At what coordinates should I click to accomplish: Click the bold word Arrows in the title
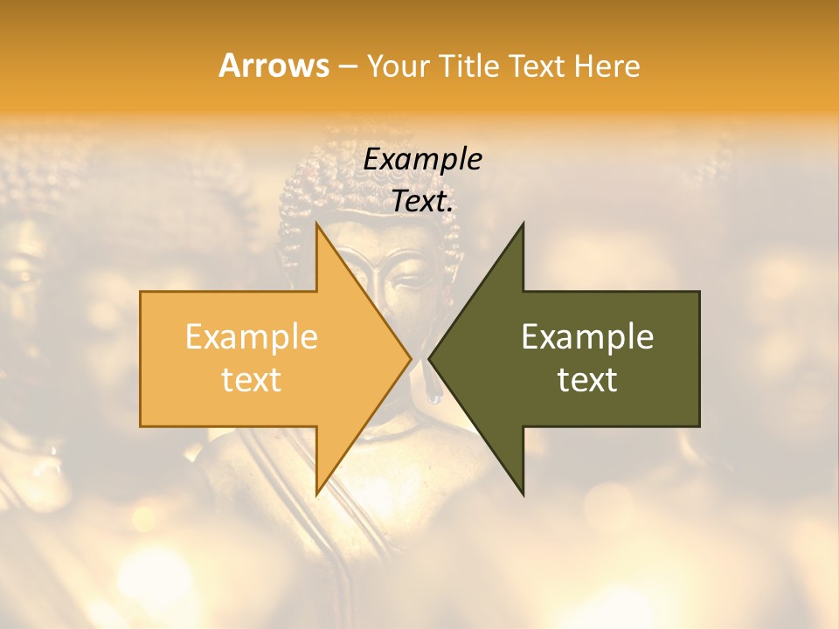click(x=274, y=66)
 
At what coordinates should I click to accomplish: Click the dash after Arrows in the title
click(x=347, y=66)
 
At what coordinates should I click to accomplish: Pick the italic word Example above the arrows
click(x=422, y=159)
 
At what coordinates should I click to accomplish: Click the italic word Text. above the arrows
click(x=422, y=201)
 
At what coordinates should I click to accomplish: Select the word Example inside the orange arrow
click(x=252, y=337)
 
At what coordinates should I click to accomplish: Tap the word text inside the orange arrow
click(x=252, y=379)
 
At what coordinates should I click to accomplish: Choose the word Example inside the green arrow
click(x=587, y=337)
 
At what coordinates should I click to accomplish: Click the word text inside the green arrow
click(x=587, y=379)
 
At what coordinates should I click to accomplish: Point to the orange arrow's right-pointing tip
click(x=410, y=359)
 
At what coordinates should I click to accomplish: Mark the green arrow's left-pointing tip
click(x=430, y=359)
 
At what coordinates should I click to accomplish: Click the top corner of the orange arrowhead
click(x=317, y=225)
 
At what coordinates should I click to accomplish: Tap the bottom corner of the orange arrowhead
click(x=317, y=494)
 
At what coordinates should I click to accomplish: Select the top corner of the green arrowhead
click(x=523, y=225)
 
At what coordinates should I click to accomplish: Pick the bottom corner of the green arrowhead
click(x=523, y=494)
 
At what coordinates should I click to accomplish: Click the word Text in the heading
click(x=537, y=66)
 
